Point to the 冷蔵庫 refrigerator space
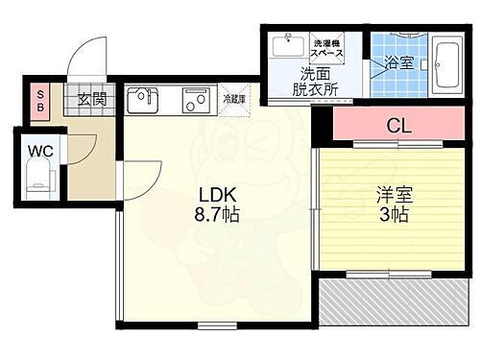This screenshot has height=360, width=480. pos(234,99)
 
